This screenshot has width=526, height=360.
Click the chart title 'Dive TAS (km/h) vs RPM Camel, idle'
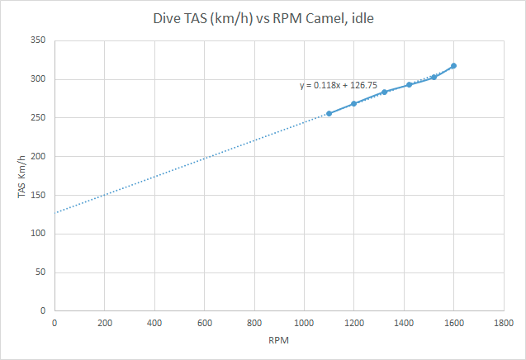[x=263, y=17]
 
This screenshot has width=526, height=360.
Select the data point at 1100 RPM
[x=329, y=113]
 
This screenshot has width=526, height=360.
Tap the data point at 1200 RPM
[x=353, y=103]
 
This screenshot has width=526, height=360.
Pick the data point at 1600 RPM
[x=453, y=65]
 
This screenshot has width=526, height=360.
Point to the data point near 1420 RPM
[x=409, y=84]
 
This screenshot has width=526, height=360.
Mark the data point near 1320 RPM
[x=384, y=92]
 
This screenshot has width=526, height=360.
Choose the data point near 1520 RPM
[x=434, y=77]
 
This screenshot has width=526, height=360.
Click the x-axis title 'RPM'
[x=278, y=340]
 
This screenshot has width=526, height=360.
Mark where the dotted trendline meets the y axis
[x=54, y=213]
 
